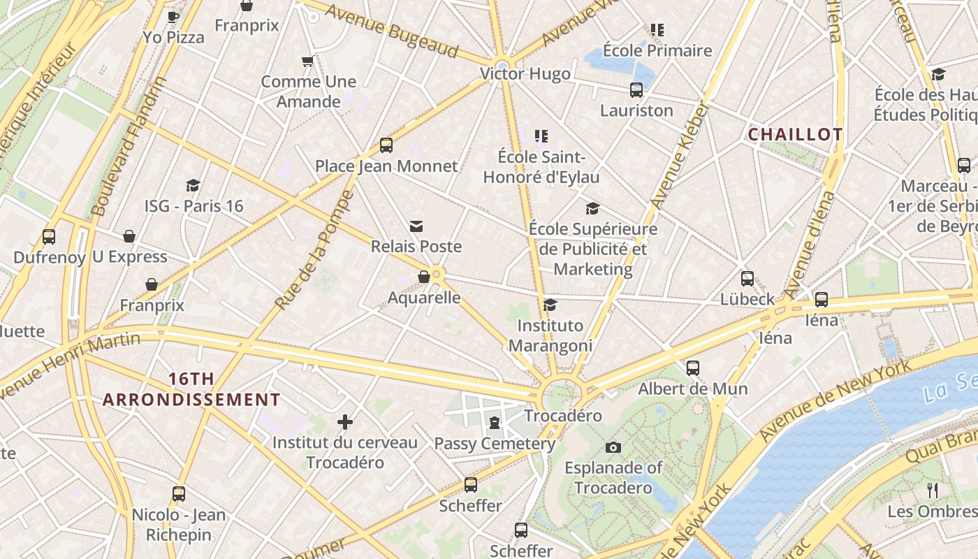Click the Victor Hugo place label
click(525, 74)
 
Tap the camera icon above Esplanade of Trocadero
click(613, 447)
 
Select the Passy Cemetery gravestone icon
click(495, 423)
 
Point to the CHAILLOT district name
click(795, 134)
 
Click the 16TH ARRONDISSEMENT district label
click(191, 390)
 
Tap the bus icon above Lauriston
click(636, 90)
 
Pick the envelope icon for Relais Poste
click(416, 226)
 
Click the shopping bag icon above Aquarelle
click(423, 277)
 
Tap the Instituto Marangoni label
click(550, 335)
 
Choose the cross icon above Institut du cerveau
click(344, 422)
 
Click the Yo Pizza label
click(173, 37)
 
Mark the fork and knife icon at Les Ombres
click(932, 490)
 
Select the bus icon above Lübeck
click(747, 279)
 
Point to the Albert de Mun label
click(693, 389)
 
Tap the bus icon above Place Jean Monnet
click(386, 145)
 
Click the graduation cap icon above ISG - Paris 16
click(194, 185)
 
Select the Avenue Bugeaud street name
click(391, 32)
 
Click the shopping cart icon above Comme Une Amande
click(307, 61)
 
